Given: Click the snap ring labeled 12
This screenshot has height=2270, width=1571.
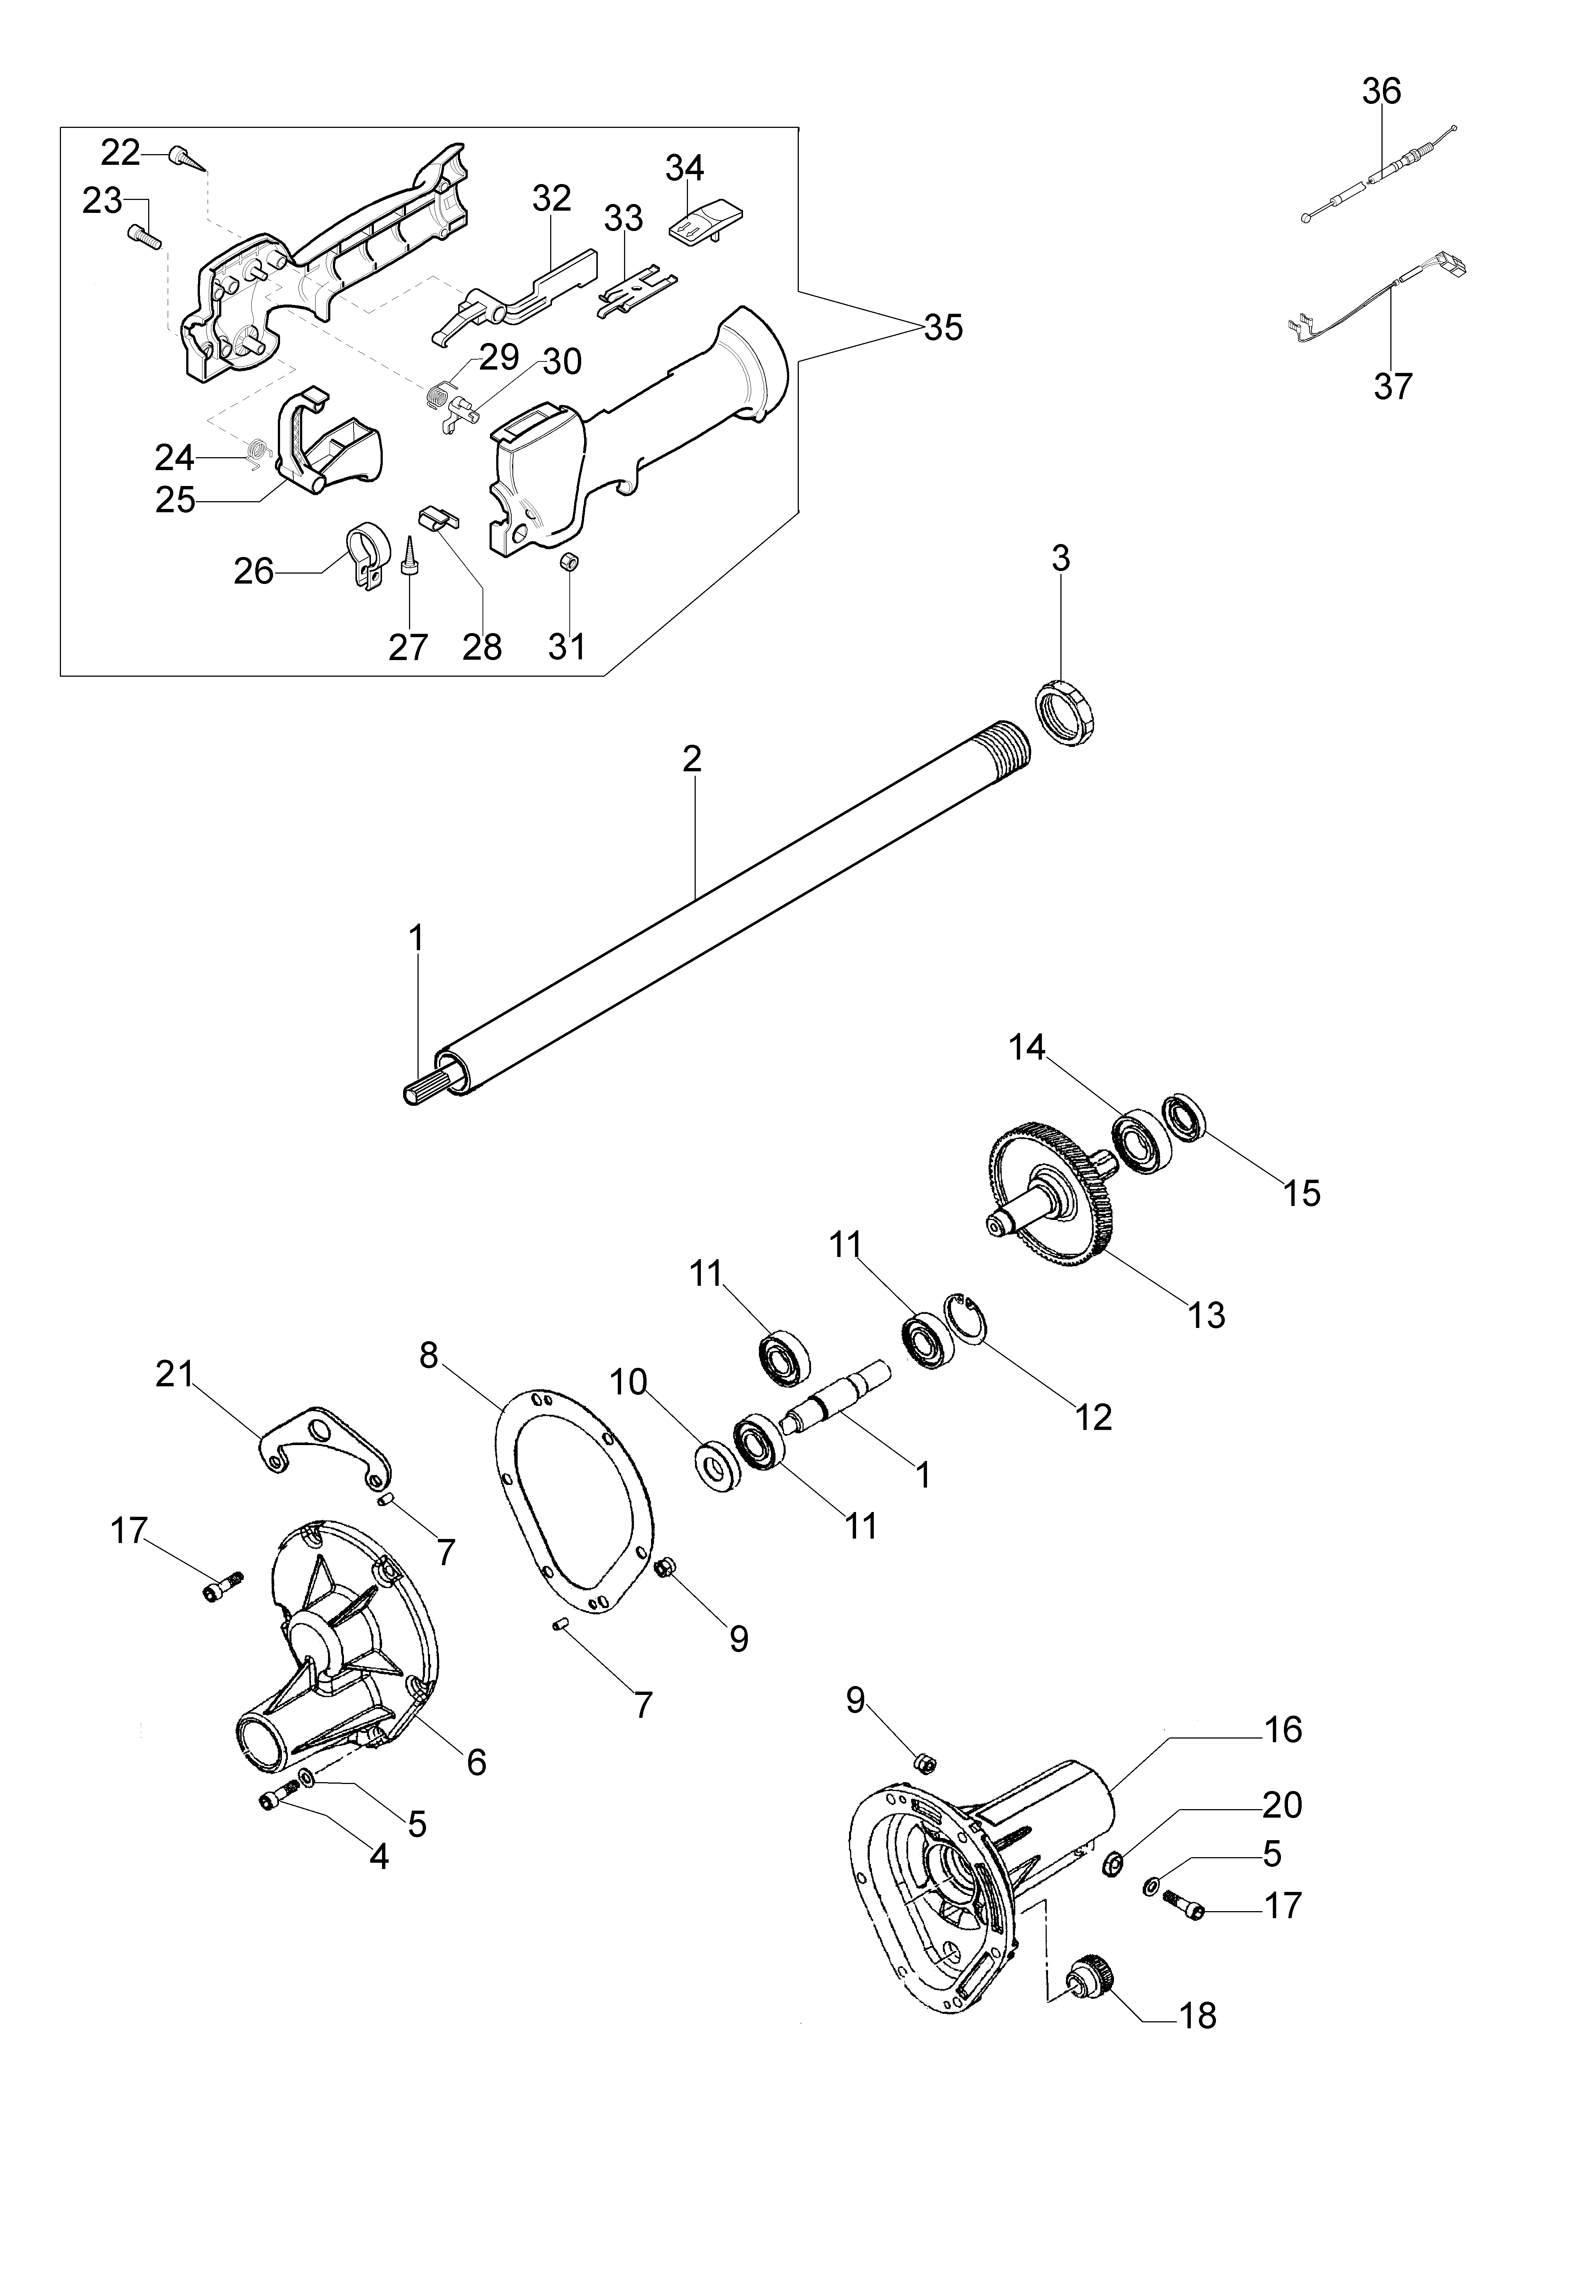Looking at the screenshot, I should click(967, 1319).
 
